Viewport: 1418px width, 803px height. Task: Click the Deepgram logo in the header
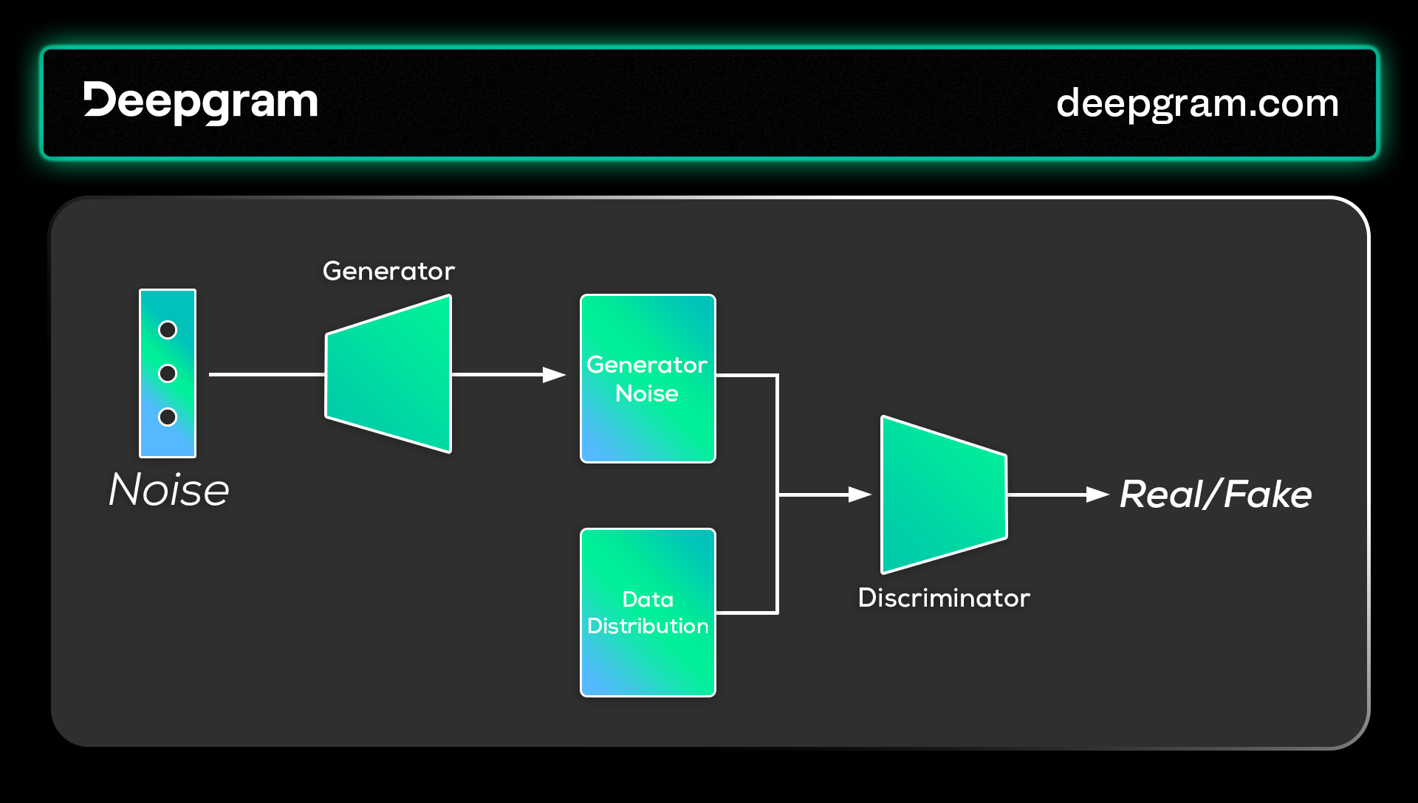200,103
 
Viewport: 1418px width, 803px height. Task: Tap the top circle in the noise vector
168,330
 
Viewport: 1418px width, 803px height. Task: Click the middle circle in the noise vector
168,373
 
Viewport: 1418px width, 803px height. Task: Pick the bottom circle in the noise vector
168,417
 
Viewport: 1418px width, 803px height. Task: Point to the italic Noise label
169,489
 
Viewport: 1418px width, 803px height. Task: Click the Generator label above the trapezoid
388,272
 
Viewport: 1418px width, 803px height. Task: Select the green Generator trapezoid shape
388,374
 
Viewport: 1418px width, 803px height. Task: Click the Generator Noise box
648,379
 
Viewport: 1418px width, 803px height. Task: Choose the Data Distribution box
648,613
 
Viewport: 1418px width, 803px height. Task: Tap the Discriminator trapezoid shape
944,494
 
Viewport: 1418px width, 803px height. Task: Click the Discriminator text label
944,598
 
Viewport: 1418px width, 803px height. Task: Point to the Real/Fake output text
1216,494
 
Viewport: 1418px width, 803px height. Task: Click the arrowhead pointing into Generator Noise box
554,375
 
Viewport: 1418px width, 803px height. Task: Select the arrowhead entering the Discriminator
860,494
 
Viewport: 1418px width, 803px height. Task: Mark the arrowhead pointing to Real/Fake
1098,494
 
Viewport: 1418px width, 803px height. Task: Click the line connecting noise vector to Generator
267,374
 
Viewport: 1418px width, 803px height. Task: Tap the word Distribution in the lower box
648,626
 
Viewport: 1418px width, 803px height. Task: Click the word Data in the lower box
648,599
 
